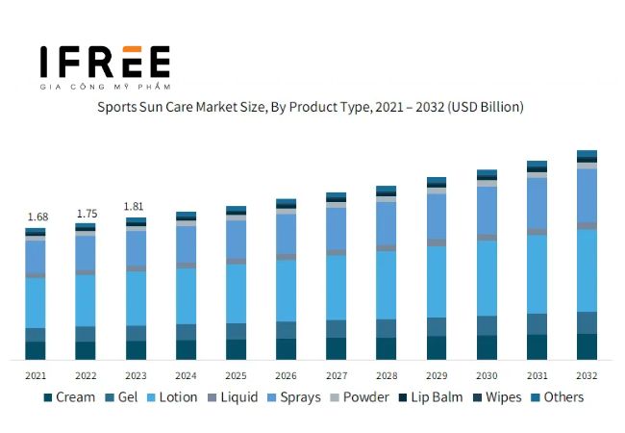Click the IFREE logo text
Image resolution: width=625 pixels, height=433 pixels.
(x=105, y=62)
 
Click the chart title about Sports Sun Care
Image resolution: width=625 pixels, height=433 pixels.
(x=311, y=107)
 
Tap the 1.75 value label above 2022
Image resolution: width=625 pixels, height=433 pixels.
(x=86, y=213)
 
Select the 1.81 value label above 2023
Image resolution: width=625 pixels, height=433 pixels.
(x=136, y=206)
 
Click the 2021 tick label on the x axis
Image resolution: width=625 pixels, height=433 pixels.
(x=36, y=375)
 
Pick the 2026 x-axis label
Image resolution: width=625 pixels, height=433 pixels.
(x=286, y=375)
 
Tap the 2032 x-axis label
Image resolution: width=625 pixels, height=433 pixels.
(x=587, y=375)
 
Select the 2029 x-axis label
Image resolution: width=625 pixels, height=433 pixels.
(x=437, y=375)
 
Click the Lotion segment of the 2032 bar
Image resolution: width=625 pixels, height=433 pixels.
(x=587, y=269)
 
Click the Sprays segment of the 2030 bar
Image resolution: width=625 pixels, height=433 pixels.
(x=487, y=210)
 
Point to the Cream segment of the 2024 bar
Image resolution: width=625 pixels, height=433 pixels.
(x=186, y=349)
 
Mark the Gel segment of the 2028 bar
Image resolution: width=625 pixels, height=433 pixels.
(x=386, y=328)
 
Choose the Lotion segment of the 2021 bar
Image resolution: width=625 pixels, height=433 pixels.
(x=36, y=302)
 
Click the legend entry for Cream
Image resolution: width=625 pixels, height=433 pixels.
(x=68, y=397)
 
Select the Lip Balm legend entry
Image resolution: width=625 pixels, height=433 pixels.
(x=430, y=397)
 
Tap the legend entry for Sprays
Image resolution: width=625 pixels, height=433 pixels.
(x=292, y=397)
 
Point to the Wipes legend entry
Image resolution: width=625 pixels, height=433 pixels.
(x=495, y=397)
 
